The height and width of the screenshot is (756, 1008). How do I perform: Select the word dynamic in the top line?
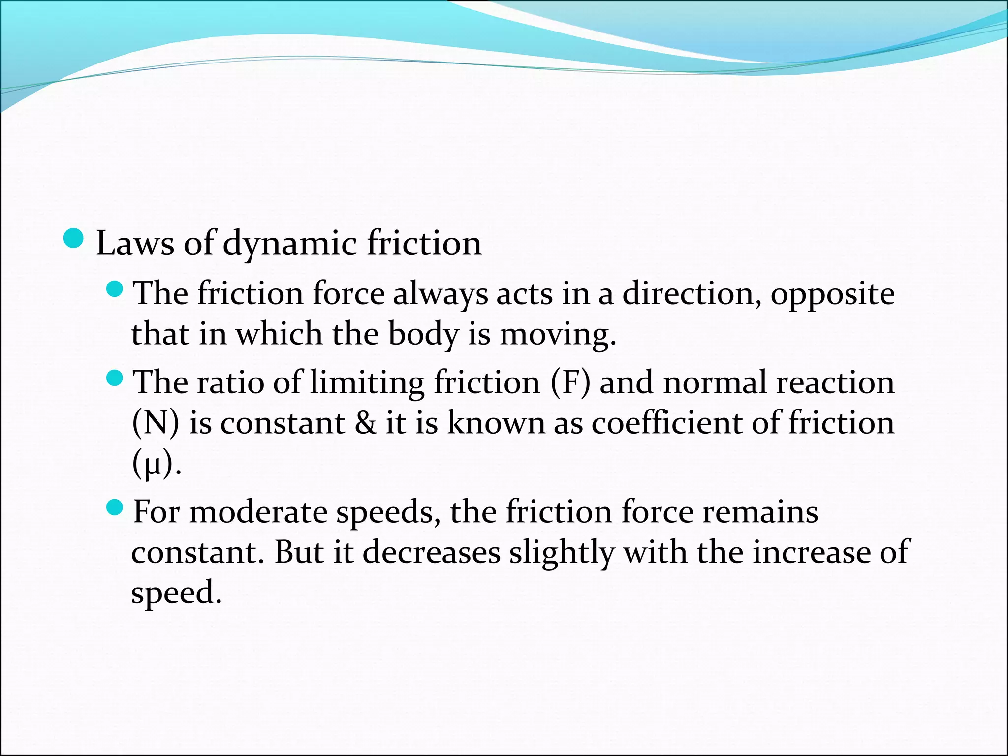[x=289, y=244]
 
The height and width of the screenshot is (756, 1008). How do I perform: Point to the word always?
[x=440, y=294]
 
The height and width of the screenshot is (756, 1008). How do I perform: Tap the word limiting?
[x=367, y=383]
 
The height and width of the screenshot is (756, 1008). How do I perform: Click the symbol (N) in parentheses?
[x=156, y=423]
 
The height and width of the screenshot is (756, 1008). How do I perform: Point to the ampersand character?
[x=365, y=423]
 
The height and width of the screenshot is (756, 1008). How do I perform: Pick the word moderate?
[x=258, y=512]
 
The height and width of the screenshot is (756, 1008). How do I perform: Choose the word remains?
[x=760, y=512]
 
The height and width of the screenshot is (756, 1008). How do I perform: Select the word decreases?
[x=431, y=552]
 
